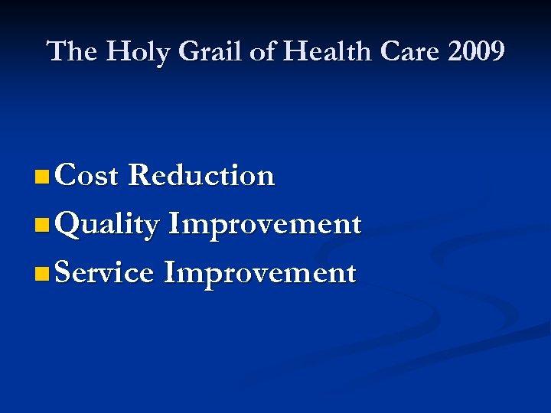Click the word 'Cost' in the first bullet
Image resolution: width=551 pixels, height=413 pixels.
[x=86, y=176]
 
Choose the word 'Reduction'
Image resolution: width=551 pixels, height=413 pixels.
[x=201, y=176]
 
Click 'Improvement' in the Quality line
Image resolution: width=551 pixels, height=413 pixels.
[x=264, y=225]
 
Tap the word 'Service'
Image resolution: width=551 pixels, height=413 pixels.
[x=104, y=273]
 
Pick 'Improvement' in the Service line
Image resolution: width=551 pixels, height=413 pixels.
[x=259, y=273]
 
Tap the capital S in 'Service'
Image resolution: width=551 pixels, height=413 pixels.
[x=64, y=273]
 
